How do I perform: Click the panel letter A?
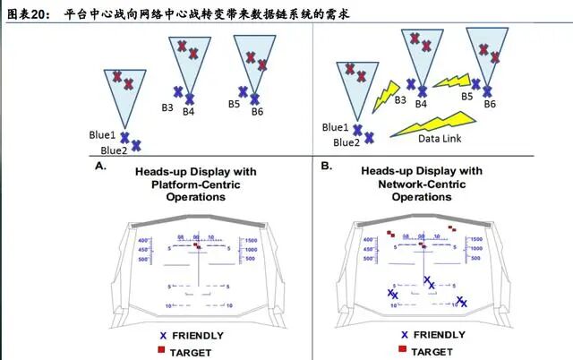tap(100, 167)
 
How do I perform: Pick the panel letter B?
tap(327, 167)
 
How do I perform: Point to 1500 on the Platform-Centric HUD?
tap(252, 241)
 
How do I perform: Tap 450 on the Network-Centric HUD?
tap(368, 249)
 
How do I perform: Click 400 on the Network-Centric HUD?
tap(368, 240)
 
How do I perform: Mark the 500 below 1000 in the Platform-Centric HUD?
tap(252, 259)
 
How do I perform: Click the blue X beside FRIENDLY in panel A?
tap(163, 336)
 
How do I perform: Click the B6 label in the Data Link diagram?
tap(490, 105)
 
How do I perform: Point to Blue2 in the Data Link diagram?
tap(346, 141)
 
